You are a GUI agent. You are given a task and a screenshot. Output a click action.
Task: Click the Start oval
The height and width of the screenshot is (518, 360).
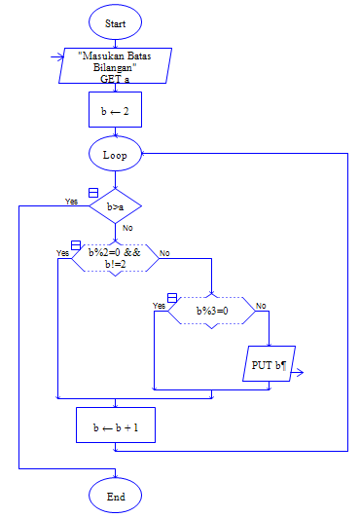click(115, 20)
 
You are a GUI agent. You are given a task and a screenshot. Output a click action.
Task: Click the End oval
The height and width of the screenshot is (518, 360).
click(115, 497)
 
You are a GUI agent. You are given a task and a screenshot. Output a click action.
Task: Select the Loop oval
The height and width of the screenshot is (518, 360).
click(115, 155)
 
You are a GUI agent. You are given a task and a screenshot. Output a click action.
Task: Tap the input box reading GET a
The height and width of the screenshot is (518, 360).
click(115, 66)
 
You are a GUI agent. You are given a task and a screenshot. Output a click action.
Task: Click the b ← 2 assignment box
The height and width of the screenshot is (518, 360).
click(115, 111)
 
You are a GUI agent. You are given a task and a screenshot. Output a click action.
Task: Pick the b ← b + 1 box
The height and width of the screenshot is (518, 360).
click(115, 426)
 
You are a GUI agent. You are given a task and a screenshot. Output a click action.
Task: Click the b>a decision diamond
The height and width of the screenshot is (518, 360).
click(115, 206)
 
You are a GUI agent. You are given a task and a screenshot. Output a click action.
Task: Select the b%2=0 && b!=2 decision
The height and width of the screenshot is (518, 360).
click(115, 259)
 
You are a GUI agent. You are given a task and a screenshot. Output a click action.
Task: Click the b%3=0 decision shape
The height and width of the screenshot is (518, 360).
click(211, 311)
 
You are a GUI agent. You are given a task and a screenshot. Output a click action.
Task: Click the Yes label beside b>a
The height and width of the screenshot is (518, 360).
click(71, 202)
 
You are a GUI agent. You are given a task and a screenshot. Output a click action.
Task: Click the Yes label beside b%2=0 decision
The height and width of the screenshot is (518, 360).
click(62, 253)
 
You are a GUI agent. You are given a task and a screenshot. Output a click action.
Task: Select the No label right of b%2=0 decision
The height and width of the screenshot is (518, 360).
click(164, 253)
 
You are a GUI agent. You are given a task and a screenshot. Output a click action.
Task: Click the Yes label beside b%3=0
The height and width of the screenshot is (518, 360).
click(160, 306)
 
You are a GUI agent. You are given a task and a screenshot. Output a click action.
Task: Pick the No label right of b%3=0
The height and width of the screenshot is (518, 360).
click(261, 306)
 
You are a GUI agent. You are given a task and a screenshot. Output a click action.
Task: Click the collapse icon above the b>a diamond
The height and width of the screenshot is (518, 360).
click(93, 192)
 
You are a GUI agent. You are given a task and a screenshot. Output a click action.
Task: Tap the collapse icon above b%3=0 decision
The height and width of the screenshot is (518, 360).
click(172, 297)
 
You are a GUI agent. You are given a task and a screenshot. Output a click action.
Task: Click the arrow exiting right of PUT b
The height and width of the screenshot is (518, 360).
click(298, 371)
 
